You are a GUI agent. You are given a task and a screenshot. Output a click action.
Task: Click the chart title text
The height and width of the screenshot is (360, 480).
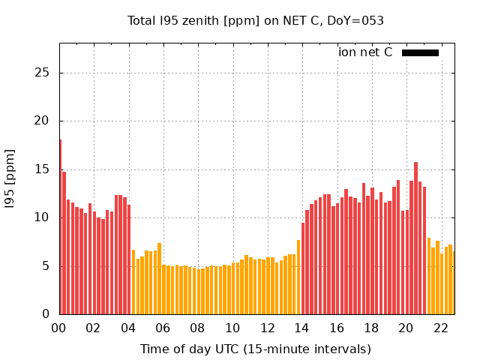pos(256,21)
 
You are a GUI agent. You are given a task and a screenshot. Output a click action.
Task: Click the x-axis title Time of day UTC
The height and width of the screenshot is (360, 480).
pos(255,349)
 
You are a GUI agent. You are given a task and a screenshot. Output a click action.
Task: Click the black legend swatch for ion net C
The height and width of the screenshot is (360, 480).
pos(420,52)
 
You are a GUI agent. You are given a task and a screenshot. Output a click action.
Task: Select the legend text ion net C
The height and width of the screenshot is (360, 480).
pos(365,52)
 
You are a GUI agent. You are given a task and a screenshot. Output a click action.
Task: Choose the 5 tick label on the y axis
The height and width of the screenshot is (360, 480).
pos(46,266)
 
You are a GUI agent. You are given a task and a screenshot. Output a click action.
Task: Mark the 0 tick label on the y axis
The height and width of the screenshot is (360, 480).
pos(46,314)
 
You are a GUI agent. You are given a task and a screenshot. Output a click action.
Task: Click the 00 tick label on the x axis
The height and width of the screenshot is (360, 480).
pos(58,328)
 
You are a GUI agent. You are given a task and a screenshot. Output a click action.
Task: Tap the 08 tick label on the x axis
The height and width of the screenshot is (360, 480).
pos(197,328)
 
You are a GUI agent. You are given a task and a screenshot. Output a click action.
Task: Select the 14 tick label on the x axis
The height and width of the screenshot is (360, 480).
pos(301,328)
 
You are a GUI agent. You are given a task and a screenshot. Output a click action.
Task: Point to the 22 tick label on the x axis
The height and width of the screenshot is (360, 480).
pos(440,328)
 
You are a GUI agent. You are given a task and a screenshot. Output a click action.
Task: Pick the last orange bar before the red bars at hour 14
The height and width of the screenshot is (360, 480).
pos(298,277)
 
